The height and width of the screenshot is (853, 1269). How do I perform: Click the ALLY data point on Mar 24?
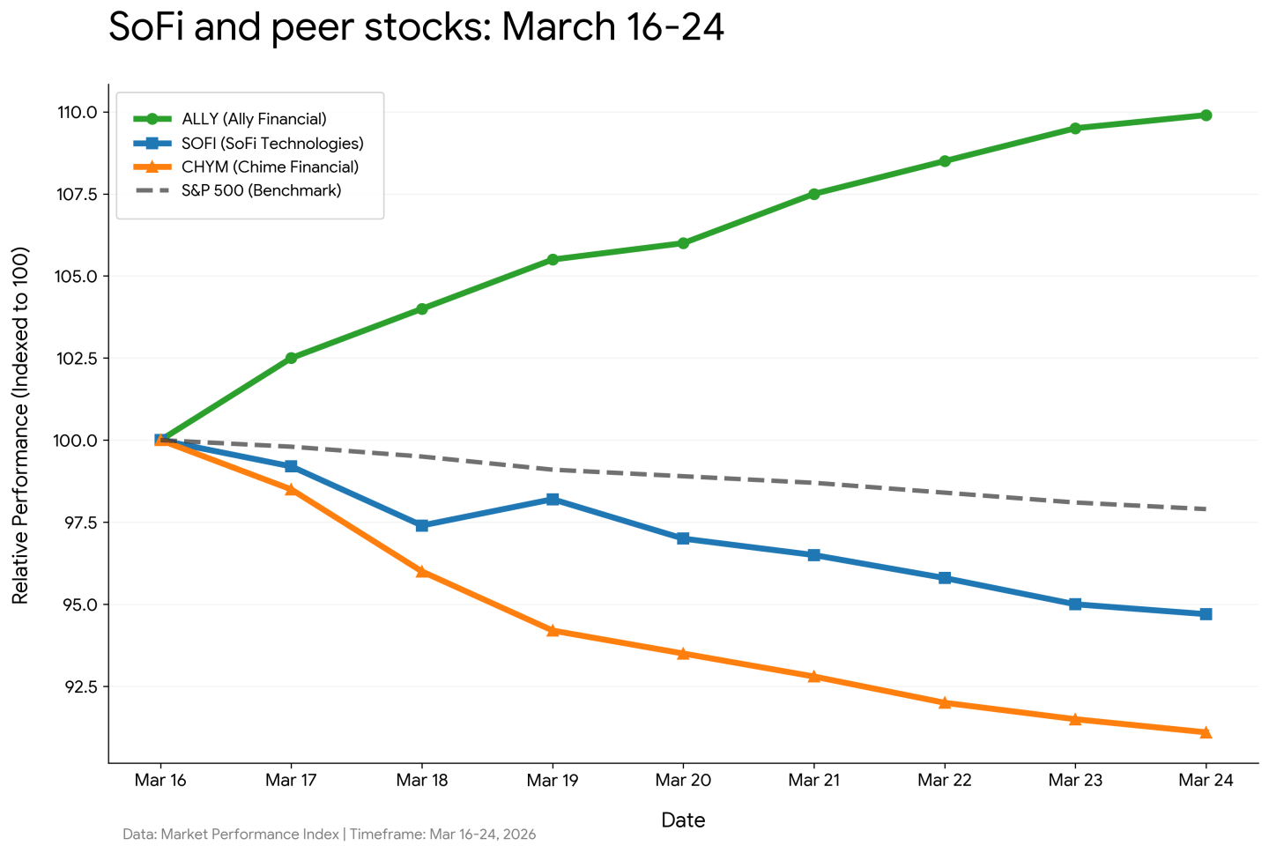1206,115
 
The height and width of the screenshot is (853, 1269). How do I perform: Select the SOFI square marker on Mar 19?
553,500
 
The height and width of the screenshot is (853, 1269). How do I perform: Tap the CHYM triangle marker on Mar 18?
422,571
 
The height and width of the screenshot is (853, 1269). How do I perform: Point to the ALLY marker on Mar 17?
291,358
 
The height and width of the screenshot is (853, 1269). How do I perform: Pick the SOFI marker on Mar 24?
1206,614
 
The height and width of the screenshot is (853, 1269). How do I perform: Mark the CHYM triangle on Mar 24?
1206,732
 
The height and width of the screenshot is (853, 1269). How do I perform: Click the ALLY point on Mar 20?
683,243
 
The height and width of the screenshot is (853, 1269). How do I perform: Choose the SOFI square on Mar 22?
945,578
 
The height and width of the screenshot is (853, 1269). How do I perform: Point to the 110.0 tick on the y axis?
77,112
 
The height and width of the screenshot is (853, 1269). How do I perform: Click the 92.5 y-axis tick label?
78,686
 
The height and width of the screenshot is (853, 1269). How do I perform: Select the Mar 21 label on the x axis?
813,780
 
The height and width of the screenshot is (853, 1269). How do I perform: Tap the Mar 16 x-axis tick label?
160,780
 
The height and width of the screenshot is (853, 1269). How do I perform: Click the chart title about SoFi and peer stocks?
416,27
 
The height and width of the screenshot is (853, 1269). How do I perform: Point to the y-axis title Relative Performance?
20,425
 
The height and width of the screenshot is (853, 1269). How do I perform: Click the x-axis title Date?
683,820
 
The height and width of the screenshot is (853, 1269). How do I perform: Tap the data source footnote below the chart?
329,834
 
